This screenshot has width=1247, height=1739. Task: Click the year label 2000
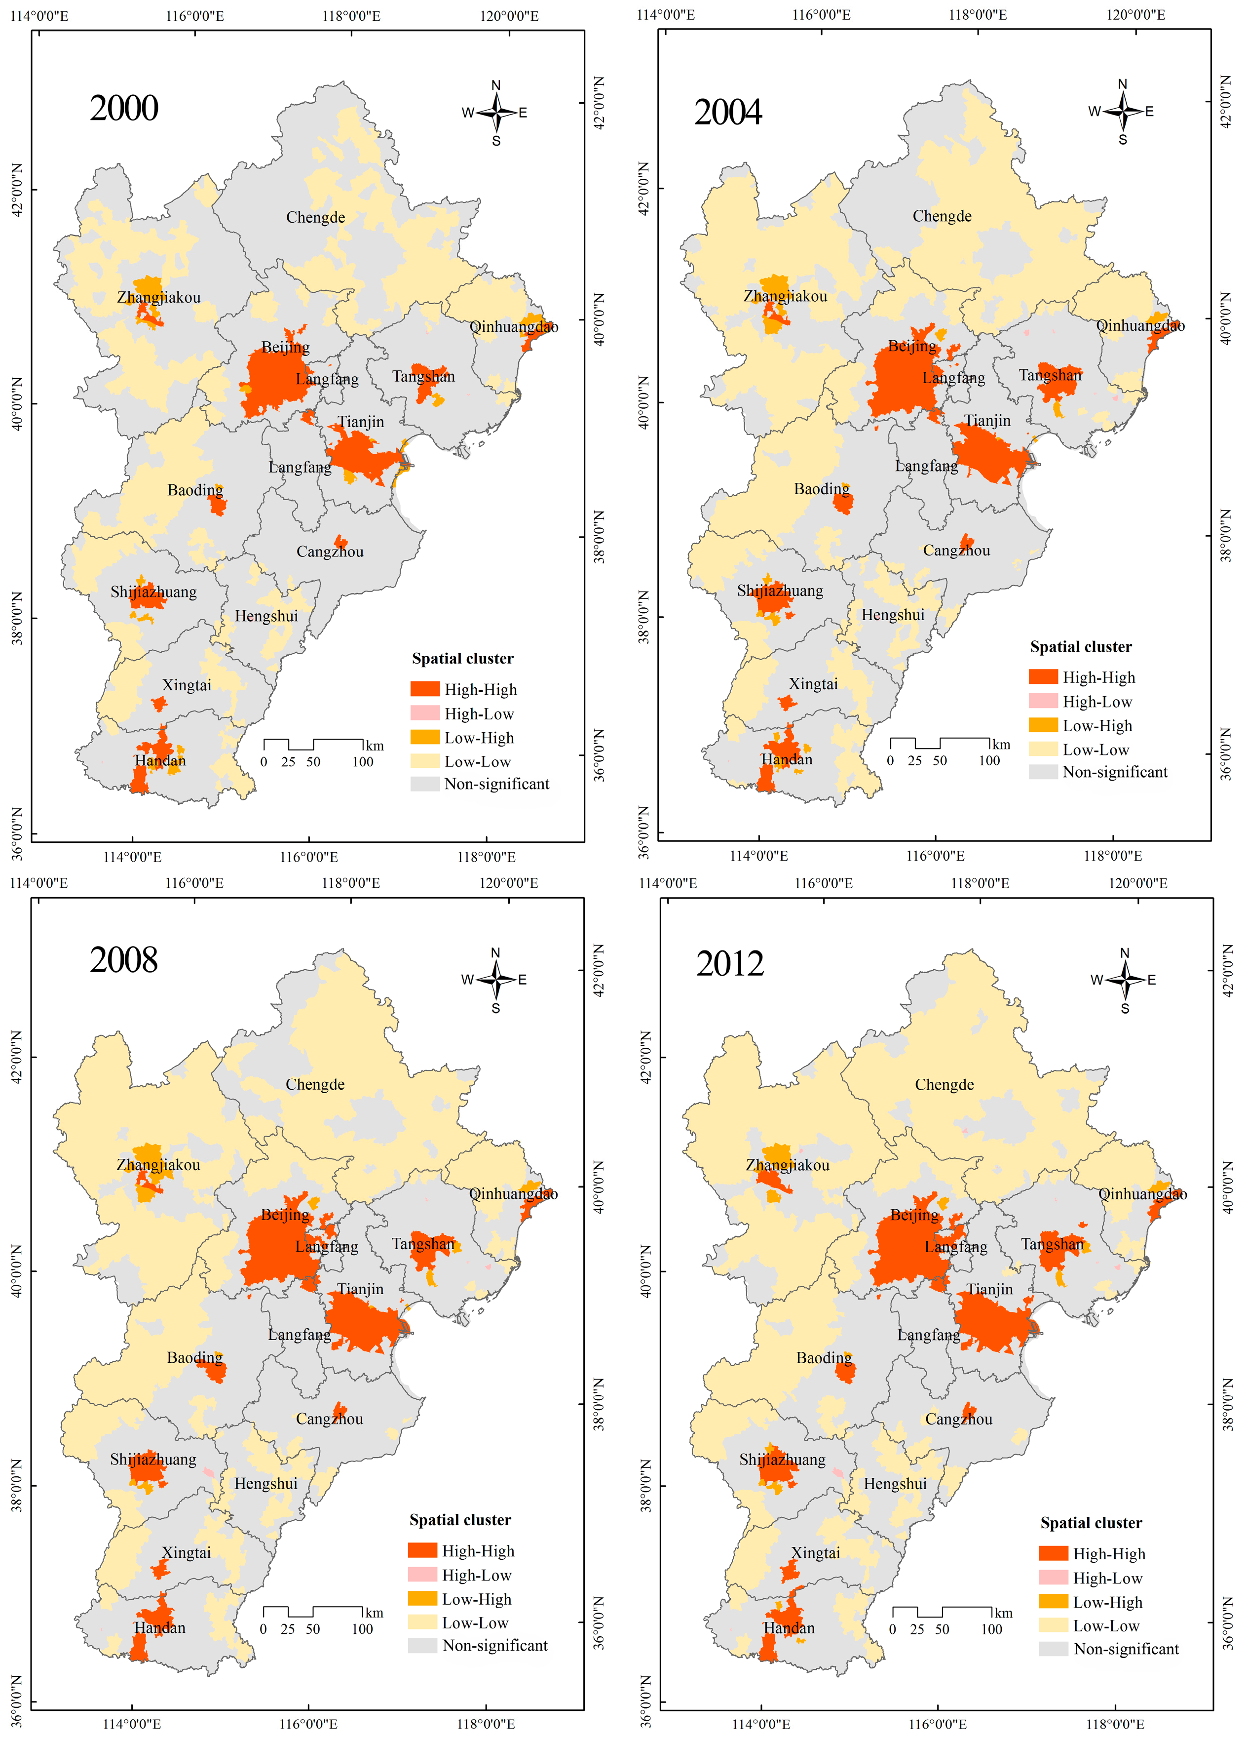(124, 108)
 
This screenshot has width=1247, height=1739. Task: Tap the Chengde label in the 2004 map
(942, 216)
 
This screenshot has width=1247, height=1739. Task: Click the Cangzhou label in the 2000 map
(330, 552)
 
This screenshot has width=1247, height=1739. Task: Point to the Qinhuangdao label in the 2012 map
(1142, 1194)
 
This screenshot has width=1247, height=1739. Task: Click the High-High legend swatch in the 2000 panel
(424, 689)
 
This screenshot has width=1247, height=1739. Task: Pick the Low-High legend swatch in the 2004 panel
(1043, 725)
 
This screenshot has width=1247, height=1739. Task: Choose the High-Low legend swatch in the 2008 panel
(422, 1575)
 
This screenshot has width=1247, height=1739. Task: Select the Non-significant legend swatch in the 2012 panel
(1053, 1649)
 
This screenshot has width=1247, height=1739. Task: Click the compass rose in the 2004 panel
(1123, 111)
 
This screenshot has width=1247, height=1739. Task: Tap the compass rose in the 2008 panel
(496, 979)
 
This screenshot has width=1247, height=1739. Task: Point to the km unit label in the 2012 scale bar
(1003, 1613)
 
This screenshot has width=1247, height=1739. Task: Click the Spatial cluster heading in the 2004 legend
(1081, 646)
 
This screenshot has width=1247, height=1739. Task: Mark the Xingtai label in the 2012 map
(816, 1553)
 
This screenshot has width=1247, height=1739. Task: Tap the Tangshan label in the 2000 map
(423, 376)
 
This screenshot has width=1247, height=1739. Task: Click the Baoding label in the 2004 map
(822, 488)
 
